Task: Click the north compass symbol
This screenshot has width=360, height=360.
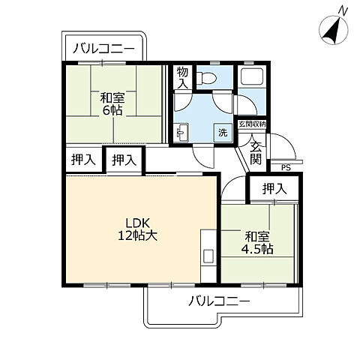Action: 334,31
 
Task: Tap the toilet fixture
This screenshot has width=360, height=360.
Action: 206,78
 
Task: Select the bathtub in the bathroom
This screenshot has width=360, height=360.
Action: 251,76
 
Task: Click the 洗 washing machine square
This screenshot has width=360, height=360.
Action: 223,133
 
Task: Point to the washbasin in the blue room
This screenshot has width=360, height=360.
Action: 181,133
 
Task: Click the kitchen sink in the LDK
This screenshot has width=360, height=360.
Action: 208,256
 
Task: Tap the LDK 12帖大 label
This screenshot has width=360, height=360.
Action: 137,229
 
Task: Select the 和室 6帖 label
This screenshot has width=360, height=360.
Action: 112,103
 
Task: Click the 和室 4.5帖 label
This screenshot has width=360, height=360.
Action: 257,242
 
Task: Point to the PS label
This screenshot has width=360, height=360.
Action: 286,168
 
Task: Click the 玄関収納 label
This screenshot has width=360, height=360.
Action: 252,124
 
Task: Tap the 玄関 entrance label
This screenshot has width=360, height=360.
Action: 256,152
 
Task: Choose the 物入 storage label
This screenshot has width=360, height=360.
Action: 182,78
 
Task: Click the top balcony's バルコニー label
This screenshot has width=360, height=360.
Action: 103,49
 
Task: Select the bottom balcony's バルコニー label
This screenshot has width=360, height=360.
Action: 219,301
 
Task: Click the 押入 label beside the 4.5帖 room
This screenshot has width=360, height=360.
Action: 274,189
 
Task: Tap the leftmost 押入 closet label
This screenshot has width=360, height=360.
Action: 83,160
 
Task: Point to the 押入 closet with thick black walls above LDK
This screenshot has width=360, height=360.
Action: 124,160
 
